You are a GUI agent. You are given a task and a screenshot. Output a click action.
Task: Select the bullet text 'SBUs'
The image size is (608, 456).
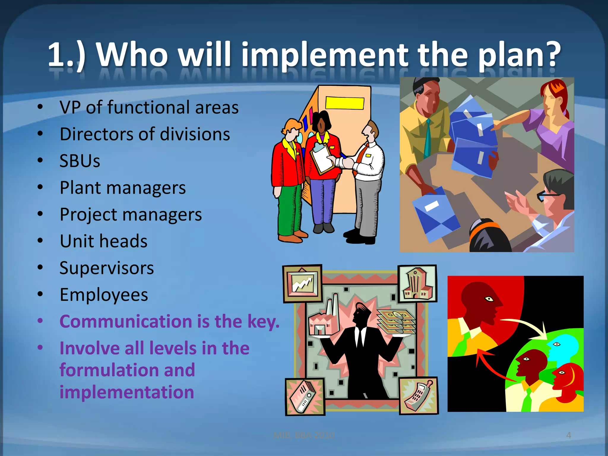click(80, 161)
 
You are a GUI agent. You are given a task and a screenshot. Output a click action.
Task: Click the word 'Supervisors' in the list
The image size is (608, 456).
click(107, 268)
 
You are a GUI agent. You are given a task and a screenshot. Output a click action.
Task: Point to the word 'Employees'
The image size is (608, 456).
click(104, 295)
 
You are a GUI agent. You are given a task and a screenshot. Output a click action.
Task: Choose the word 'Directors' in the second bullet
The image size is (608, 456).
click(97, 134)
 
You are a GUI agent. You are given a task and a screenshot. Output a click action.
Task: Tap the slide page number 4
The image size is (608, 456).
click(569, 435)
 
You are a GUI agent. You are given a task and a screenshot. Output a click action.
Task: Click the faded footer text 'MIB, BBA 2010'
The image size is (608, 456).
click(304, 435)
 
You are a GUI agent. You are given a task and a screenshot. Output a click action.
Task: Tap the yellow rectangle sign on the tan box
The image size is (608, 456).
click(345, 103)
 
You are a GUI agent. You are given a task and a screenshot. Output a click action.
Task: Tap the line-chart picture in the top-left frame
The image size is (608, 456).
click(302, 283)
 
